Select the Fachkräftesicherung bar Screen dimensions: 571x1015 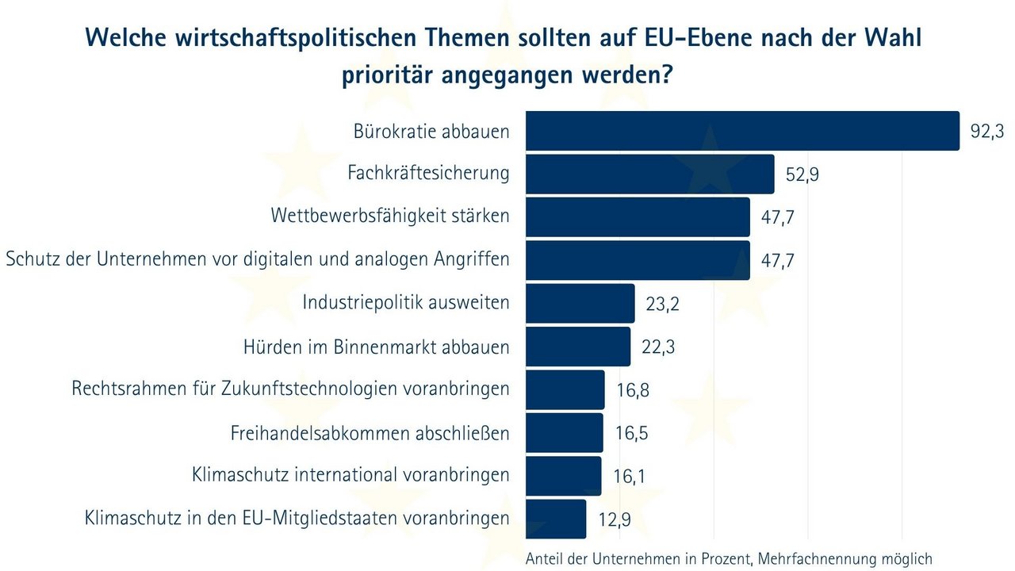point(650,174)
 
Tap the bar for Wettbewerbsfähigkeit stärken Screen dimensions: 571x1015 point(638,217)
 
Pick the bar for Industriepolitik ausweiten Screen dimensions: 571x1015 point(580,303)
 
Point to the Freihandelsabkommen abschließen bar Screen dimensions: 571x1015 point(565,433)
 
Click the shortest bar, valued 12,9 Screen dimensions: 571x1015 point(556,519)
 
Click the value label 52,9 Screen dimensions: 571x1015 point(802,175)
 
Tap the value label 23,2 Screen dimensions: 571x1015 point(662,305)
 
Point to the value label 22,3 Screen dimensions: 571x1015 point(657,347)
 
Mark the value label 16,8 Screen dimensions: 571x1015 point(632,390)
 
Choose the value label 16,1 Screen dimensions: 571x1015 point(630,477)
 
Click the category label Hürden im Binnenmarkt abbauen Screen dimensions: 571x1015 point(376,347)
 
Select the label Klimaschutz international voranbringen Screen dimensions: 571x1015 point(350,475)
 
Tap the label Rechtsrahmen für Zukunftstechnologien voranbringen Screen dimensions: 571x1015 point(290,389)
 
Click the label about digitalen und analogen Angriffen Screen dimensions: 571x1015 point(257,260)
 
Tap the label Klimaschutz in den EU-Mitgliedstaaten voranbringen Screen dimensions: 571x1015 point(297,519)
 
